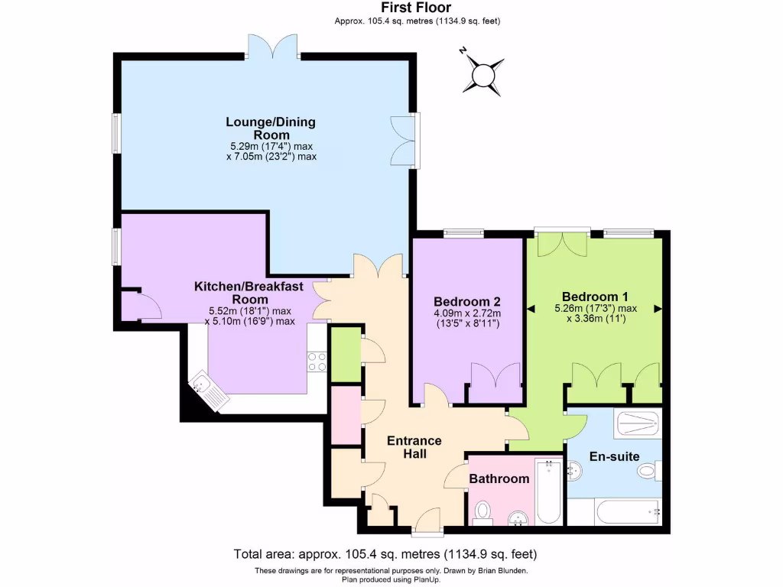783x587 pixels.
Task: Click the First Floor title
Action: coord(417,8)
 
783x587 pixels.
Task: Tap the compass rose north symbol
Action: coord(483,75)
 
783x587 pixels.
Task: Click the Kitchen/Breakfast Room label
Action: coord(249,293)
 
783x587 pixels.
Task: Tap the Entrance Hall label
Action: coord(414,447)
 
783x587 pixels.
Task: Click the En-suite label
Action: coord(614,457)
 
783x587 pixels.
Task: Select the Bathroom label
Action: coord(499,479)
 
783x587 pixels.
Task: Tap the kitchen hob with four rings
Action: coord(317,362)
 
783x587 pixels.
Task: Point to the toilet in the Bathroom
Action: coord(482,512)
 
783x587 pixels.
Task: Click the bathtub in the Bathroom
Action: coord(548,491)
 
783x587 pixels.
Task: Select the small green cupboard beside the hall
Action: coord(345,353)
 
